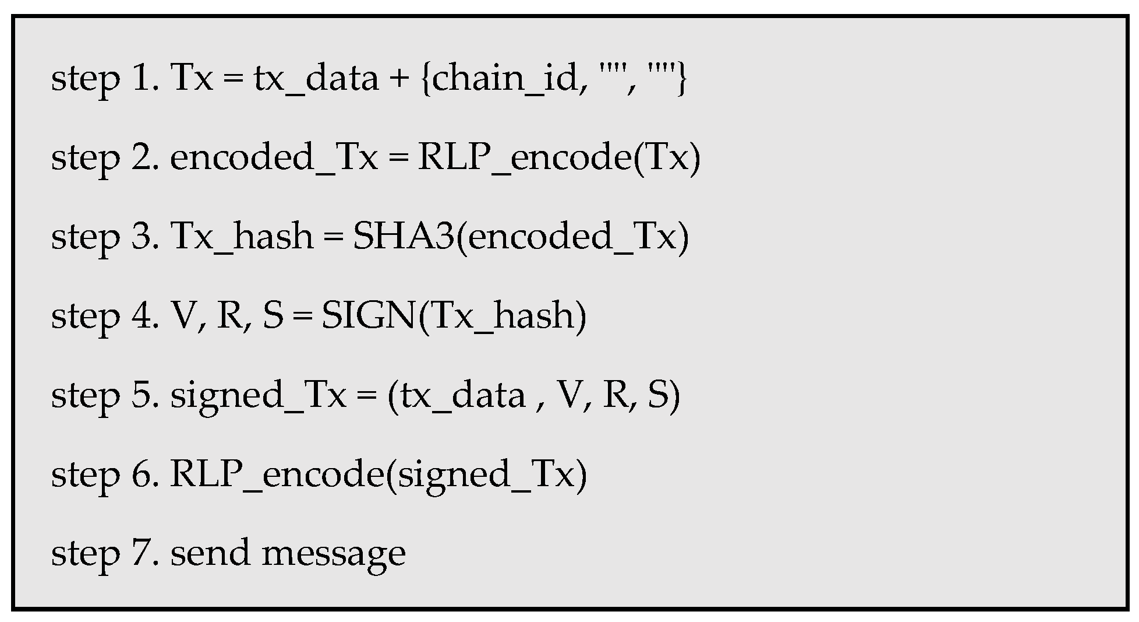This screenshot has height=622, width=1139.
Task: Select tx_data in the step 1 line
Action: pos(316,79)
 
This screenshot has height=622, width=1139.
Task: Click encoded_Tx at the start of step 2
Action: pos(274,158)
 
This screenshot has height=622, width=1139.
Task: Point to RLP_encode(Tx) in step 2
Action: pos(559,158)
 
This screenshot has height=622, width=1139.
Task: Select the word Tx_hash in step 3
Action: pos(242,237)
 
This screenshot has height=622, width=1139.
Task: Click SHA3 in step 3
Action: pos(403,236)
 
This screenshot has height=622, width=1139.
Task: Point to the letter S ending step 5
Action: pos(659,395)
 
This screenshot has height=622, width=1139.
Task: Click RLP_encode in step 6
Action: pos(276,474)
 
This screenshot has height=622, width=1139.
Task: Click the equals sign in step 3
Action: pos(332,237)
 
